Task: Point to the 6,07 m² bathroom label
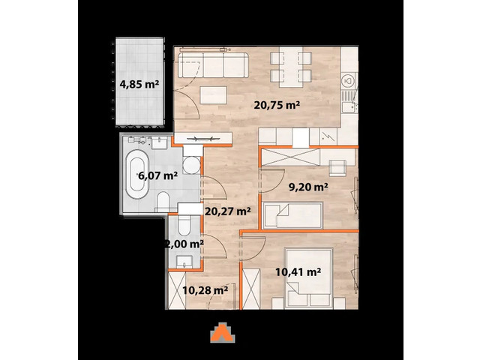(157, 176)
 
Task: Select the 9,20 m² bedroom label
(309, 187)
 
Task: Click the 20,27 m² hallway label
(227, 211)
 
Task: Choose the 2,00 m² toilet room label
(184, 243)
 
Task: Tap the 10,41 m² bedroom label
(298, 271)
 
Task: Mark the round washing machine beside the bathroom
(193, 166)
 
